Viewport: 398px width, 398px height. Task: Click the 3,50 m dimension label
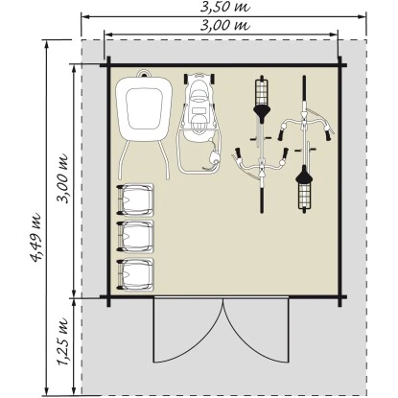point(224,8)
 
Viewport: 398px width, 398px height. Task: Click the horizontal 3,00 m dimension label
point(224,25)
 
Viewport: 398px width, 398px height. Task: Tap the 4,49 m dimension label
point(35,237)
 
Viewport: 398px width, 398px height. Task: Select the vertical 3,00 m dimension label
point(62,178)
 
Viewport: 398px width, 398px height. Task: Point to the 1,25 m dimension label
point(62,341)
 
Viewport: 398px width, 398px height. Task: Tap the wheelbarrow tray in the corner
point(144,108)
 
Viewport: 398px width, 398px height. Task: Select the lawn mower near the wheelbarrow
point(199,123)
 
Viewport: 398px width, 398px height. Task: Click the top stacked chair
point(135,199)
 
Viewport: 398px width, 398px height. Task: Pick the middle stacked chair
point(135,237)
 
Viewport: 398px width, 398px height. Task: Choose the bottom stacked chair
point(135,274)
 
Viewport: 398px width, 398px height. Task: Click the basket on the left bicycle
point(262,92)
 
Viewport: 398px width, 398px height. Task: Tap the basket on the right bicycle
point(304,196)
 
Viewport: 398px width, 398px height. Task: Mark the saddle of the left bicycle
point(262,113)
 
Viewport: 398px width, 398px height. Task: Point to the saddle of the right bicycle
point(304,175)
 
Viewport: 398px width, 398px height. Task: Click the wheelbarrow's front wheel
point(144,74)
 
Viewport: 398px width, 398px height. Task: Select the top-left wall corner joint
point(108,65)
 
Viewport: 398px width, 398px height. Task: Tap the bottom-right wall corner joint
point(339,297)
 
